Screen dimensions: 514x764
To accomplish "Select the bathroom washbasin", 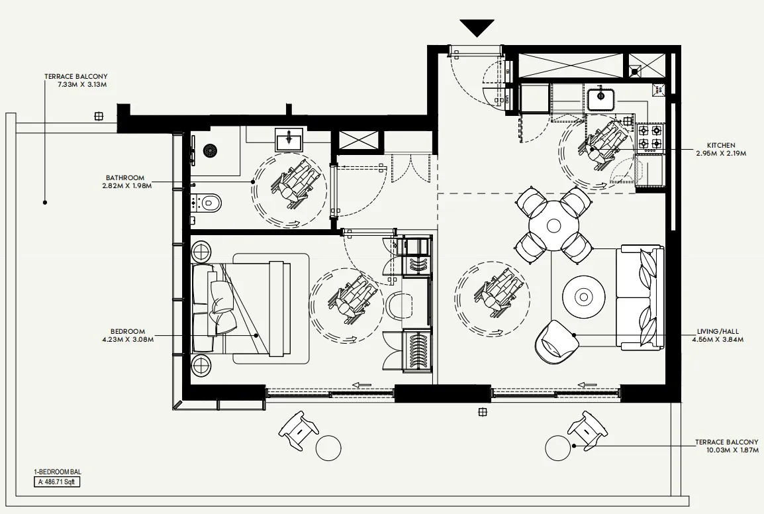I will (289, 140).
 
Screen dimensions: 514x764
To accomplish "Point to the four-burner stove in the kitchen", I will (649, 136).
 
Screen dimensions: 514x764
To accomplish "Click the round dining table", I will (553, 226).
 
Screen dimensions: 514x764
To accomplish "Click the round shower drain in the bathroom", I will (211, 151).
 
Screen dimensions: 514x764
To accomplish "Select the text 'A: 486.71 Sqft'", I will (58, 482).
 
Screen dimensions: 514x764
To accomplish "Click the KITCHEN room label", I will (720, 145).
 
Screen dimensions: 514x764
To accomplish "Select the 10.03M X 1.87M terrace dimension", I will (726, 450).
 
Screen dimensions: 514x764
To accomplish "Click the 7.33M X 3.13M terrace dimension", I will (76, 85).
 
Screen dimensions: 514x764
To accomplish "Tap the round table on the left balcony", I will (328, 448).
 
